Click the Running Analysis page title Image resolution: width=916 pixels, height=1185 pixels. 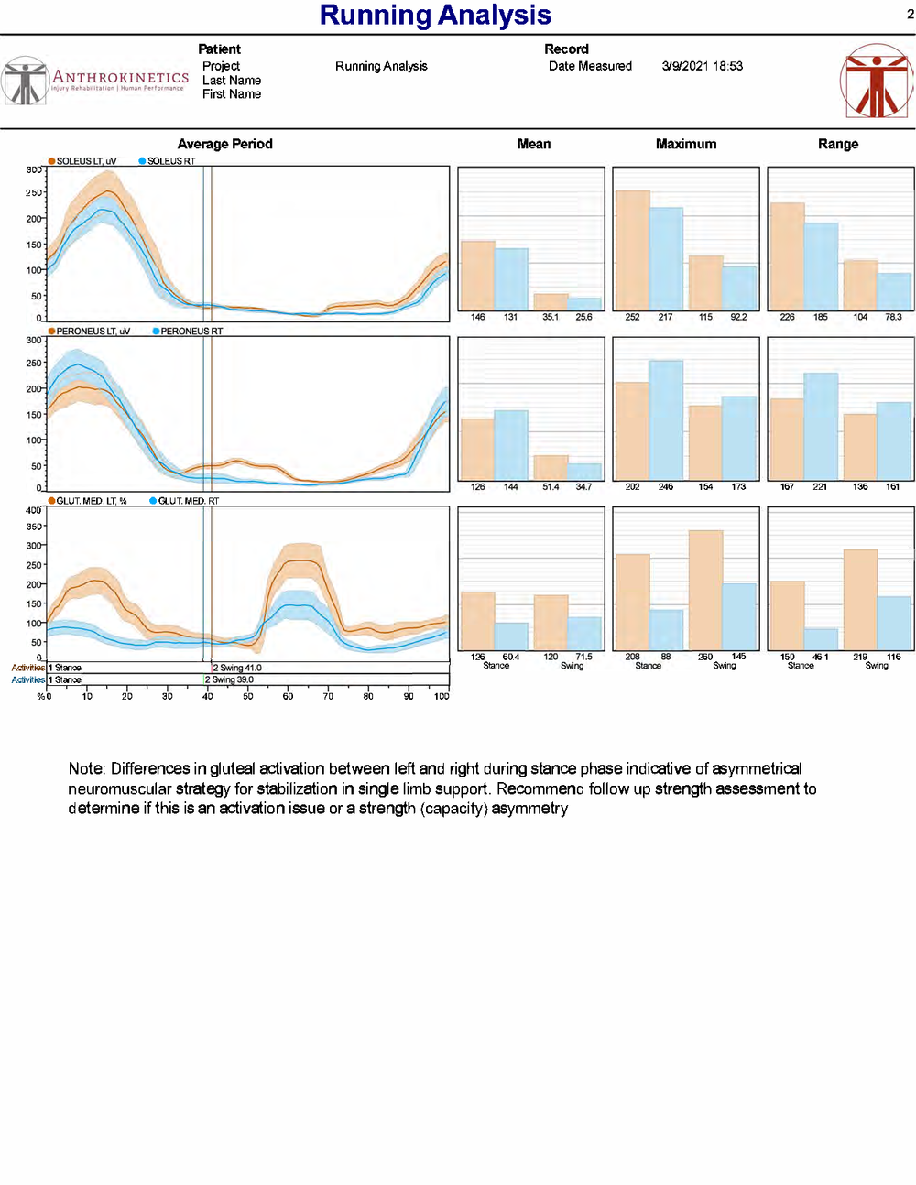point(435,16)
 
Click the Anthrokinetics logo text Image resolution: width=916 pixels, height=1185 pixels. point(120,78)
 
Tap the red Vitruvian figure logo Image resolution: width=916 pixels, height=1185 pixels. point(876,81)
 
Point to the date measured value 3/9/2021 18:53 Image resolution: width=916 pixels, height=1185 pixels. point(702,66)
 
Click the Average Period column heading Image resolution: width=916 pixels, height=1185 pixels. point(224,144)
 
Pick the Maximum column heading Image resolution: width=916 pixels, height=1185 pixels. point(685,144)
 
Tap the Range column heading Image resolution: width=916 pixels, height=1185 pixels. point(837,144)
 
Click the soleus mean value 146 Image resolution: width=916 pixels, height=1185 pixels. point(477,317)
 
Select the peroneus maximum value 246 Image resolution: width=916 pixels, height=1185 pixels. point(665,487)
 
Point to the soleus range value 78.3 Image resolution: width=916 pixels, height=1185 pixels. point(893,317)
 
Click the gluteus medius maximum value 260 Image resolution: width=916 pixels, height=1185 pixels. point(704,657)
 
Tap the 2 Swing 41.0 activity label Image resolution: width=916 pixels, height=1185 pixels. point(237,668)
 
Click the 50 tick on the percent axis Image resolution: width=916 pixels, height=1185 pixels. point(248,696)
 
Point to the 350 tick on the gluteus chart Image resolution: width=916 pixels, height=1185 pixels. point(34,527)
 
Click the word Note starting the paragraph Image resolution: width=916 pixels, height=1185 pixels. point(85,768)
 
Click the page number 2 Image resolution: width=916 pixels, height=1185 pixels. point(911,14)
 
